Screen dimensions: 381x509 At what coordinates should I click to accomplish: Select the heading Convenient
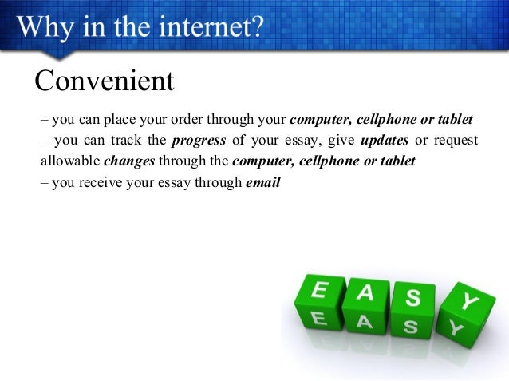pos(104,81)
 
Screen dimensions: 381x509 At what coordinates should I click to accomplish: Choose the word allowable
pos(70,161)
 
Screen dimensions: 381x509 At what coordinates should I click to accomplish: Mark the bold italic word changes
pos(130,161)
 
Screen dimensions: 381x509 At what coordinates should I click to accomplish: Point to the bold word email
pos(263,181)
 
